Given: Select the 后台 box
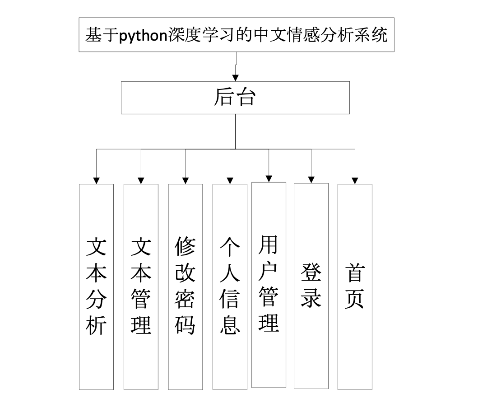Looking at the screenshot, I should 235,98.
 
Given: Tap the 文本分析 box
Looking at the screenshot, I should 96,287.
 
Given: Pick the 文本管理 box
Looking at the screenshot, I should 141,287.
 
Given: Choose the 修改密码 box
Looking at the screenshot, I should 185,287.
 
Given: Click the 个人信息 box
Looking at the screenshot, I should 230,287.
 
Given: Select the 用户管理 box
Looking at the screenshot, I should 269,285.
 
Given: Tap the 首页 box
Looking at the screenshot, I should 355,287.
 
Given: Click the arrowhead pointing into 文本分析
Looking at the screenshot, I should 96,180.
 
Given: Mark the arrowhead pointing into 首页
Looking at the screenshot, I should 355,180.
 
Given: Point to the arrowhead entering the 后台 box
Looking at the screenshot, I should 235,78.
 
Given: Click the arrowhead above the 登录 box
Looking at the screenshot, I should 311,179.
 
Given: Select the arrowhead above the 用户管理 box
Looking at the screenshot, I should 269,179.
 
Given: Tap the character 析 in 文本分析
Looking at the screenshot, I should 96,325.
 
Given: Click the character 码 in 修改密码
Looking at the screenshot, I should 185,324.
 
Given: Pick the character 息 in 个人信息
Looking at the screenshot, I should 230,324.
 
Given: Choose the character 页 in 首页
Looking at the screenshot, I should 355,299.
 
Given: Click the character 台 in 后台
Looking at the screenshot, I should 246,98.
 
